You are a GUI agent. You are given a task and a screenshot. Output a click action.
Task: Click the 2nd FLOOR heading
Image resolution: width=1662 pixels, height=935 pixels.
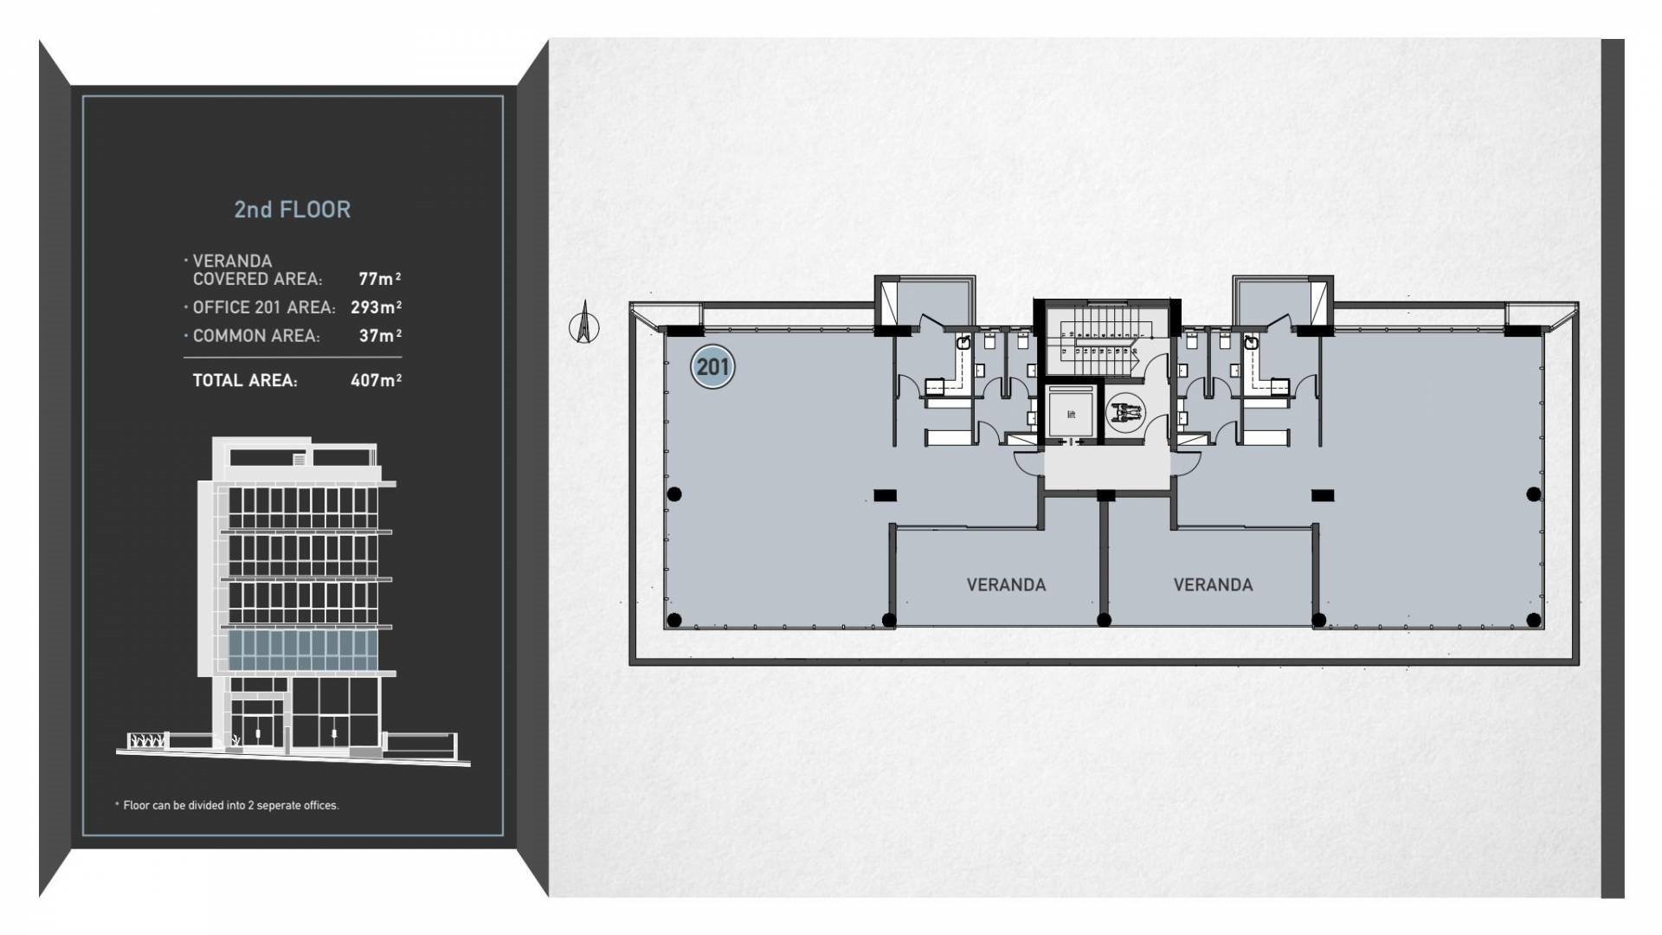(x=293, y=210)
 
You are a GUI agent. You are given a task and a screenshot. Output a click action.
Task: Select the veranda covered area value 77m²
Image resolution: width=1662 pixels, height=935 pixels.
(x=380, y=279)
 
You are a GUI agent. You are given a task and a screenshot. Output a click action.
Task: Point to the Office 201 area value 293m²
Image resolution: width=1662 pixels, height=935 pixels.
(x=377, y=307)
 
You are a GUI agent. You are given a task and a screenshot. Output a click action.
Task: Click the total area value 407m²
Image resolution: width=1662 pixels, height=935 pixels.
(x=377, y=380)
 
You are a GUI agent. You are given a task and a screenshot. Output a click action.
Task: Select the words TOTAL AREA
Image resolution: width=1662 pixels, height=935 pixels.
(x=245, y=380)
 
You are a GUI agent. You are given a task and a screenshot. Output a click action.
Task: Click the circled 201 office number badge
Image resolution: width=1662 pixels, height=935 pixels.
(x=712, y=367)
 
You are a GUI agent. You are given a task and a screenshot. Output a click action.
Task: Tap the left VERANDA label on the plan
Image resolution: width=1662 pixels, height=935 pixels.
(x=1006, y=585)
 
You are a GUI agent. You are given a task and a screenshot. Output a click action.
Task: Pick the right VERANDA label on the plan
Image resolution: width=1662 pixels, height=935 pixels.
(x=1213, y=585)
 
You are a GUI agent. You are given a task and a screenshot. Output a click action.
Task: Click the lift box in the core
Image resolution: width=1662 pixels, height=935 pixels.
(x=1071, y=415)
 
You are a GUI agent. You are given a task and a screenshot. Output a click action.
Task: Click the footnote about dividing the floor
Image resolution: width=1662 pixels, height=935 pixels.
(x=227, y=805)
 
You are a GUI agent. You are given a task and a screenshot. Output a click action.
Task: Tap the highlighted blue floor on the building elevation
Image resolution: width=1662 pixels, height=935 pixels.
(x=303, y=650)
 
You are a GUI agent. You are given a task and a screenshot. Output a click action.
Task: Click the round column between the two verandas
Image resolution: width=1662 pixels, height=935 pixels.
(x=1104, y=620)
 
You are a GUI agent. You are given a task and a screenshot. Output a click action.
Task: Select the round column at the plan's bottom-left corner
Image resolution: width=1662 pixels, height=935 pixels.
(x=675, y=620)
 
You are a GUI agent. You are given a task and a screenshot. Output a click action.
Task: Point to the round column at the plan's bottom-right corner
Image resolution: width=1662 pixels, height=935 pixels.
(x=1534, y=620)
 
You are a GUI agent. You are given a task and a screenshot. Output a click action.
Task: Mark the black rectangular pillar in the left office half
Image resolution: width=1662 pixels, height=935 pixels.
(x=885, y=495)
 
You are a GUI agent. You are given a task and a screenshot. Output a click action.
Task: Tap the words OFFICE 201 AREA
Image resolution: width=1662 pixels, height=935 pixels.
(x=264, y=307)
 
